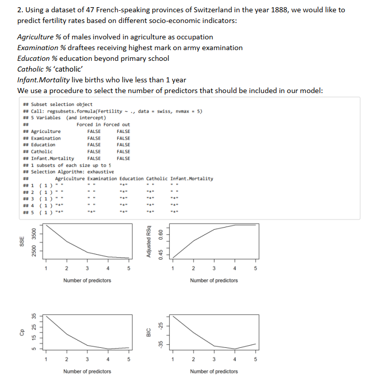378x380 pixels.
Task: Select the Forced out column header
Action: point(118,125)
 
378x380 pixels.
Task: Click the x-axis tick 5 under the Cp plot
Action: point(129,359)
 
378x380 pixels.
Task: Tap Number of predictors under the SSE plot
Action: point(87,280)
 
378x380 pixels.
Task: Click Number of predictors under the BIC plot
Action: point(214,371)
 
